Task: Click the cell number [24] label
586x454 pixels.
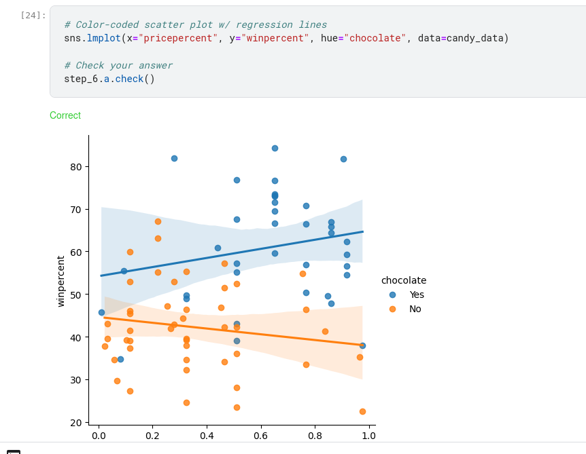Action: [x=33, y=15]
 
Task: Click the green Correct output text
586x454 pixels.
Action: [x=65, y=115]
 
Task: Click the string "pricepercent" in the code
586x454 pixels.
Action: [x=179, y=38]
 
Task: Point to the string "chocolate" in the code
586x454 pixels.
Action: [x=375, y=38]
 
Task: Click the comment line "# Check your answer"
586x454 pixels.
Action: [x=118, y=65]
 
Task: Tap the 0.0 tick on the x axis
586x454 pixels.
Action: [x=99, y=434]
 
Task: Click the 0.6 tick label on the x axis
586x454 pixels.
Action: [x=260, y=434]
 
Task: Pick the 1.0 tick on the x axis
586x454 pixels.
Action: [x=369, y=434]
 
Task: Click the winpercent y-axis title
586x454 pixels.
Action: [x=61, y=281]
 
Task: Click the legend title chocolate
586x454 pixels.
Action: [x=404, y=280]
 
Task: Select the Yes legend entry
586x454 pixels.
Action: [x=416, y=295]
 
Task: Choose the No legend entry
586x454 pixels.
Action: [x=415, y=309]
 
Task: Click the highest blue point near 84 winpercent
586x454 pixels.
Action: [x=275, y=148]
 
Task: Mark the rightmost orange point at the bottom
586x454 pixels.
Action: [x=362, y=411]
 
